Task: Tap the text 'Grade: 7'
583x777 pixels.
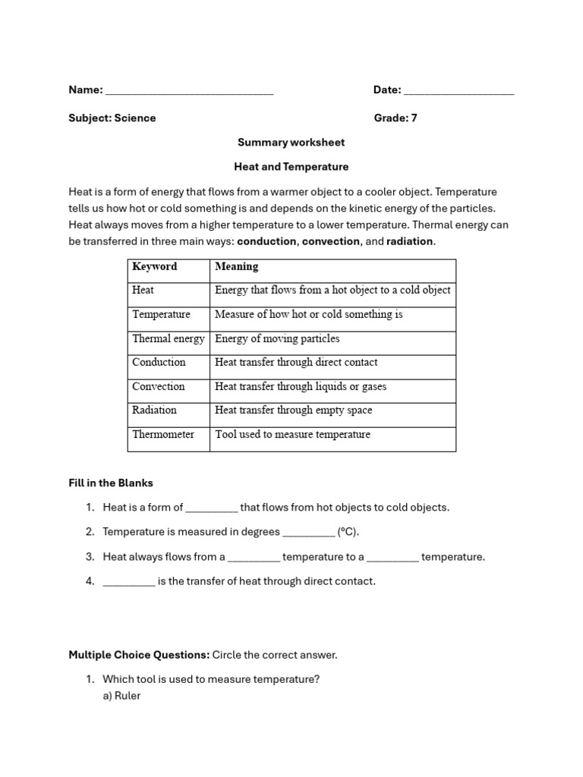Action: coord(395,118)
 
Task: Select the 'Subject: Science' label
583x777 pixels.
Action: coord(112,118)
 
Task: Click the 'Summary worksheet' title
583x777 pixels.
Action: coord(291,142)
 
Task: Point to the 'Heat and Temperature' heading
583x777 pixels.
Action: coord(291,166)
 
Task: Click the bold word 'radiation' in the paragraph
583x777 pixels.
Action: coord(410,241)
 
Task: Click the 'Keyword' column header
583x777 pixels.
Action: coord(154,266)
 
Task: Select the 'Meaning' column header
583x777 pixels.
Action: coord(237,266)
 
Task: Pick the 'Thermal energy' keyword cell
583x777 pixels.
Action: coord(169,338)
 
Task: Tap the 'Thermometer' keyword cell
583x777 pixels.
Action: coord(163,435)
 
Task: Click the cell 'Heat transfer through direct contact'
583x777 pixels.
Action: coord(296,363)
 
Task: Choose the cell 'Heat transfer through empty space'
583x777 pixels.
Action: coord(293,411)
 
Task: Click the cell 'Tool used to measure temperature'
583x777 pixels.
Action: coord(292,435)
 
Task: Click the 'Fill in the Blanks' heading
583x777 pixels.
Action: coord(111,483)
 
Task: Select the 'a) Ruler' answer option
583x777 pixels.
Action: coord(121,695)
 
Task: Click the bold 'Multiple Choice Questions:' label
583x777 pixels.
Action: coord(139,654)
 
